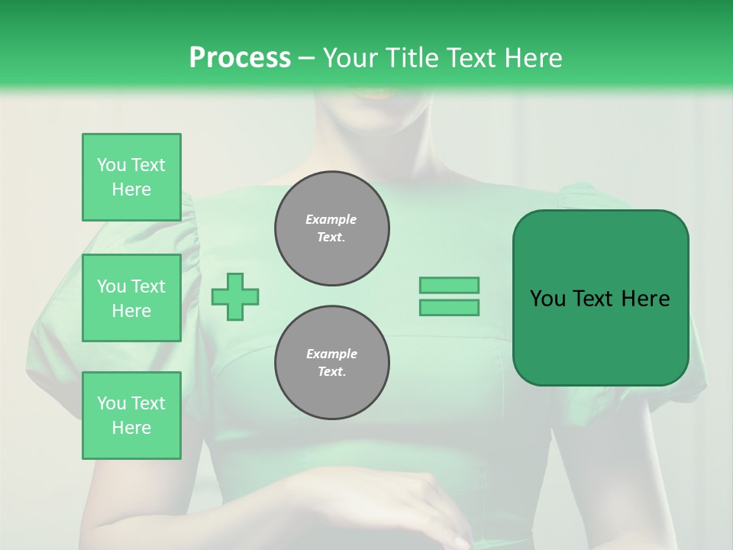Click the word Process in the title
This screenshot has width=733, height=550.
(240, 57)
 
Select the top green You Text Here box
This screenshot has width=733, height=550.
(131, 177)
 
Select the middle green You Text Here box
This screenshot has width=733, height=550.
(131, 298)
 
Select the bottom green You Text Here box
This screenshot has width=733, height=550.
(131, 416)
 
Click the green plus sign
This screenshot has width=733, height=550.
(235, 296)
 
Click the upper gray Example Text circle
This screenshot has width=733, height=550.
(332, 228)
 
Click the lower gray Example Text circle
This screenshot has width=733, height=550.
(332, 363)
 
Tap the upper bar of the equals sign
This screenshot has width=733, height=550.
(450, 285)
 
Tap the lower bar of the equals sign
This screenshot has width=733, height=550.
(450, 308)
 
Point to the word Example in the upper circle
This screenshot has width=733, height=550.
(331, 219)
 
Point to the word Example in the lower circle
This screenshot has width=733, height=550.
(331, 354)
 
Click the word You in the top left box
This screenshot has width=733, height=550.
(111, 165)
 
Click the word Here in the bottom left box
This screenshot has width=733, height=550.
(131, 428)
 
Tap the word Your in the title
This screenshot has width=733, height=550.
(348, 57)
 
